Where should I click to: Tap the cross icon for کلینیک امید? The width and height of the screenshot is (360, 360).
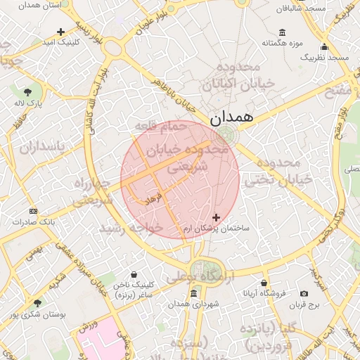click(60, 32)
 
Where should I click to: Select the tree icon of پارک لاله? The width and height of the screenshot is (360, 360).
click(27, 91)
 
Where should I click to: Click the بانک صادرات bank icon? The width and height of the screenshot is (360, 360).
click(33, 211)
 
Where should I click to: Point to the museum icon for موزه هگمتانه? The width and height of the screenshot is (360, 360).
click(282, 32)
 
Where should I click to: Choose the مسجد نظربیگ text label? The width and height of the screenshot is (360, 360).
click(324, 56)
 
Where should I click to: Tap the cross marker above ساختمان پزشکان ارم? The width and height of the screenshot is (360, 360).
click(216, 218)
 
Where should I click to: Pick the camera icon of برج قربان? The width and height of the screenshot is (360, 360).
click(304, 293)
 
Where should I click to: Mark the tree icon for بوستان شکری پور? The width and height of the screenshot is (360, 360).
click(37, 303)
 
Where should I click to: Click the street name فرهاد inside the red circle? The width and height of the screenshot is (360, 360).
click(153, 198)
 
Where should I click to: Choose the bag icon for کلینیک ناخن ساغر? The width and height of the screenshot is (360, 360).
click(134, 274)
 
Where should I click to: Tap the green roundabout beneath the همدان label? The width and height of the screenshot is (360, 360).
click(225, 136)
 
